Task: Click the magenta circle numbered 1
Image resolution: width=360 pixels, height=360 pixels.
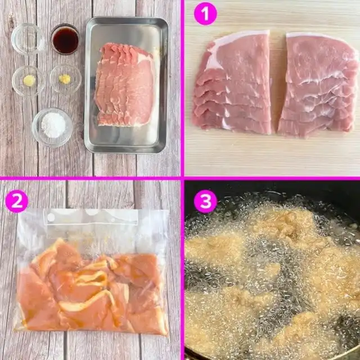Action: [205, 13]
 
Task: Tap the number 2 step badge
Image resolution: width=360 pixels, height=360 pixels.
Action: [16, 201]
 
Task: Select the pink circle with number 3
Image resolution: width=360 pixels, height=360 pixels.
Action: [205, 201]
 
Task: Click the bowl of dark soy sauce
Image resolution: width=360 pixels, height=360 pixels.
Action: [65, 39]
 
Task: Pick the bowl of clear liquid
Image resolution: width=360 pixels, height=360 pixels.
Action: [28, 39]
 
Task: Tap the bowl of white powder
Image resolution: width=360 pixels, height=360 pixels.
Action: [52, 127]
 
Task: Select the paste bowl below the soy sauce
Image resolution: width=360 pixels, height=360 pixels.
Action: [66, 79]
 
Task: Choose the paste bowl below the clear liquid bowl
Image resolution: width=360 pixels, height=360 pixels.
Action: [29, 80]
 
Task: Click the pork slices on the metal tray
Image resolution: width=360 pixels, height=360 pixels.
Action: [125, 85]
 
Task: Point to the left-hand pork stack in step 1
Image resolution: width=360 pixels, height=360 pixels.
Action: [232, 83]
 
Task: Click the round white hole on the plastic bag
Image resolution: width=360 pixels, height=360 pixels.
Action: [51, 217]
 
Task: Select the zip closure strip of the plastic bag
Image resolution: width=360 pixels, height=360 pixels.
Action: [92, 217]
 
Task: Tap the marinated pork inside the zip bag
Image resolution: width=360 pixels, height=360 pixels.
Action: [92, 287]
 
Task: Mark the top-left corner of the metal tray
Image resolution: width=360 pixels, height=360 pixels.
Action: [87, 19]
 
